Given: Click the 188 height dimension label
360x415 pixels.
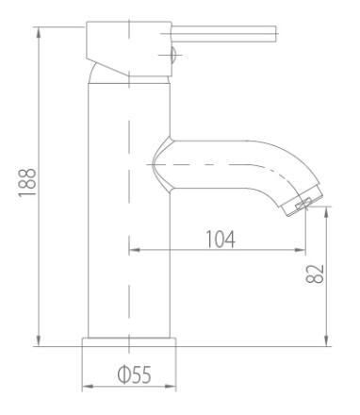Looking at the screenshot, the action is (27, 183).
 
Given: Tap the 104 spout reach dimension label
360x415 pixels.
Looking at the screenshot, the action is (221, 239).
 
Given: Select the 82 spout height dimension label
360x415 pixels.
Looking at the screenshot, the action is (315, 274).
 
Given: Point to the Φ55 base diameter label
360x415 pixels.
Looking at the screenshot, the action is (134, 374).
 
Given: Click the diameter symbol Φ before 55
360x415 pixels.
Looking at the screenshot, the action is (123, 374).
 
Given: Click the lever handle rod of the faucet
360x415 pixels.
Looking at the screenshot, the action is (224, 34).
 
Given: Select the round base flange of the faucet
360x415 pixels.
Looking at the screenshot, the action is (129, 342).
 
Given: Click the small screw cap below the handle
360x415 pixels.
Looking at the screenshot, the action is (173, 55).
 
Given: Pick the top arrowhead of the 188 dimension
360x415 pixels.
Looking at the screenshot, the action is (39, 33).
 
